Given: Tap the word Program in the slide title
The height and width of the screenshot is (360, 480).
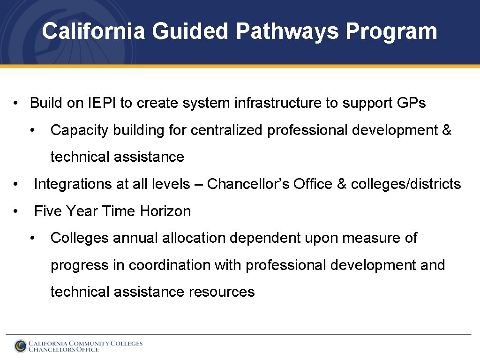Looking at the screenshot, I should [391, 32].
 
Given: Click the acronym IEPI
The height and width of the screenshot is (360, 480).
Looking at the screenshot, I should [102, 103].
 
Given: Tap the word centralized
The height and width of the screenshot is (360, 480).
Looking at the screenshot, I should [227, 130].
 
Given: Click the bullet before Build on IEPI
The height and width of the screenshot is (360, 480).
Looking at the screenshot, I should [16, 103].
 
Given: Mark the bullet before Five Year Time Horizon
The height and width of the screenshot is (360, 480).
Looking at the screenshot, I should [16, 211].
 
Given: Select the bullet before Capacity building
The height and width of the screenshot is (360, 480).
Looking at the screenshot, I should [32, 130].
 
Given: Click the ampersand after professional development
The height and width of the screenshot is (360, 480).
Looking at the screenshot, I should [447, 130].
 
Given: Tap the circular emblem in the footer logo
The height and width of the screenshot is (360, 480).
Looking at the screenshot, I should [21, 346].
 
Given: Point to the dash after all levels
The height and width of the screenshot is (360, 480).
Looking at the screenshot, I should [198, 185].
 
